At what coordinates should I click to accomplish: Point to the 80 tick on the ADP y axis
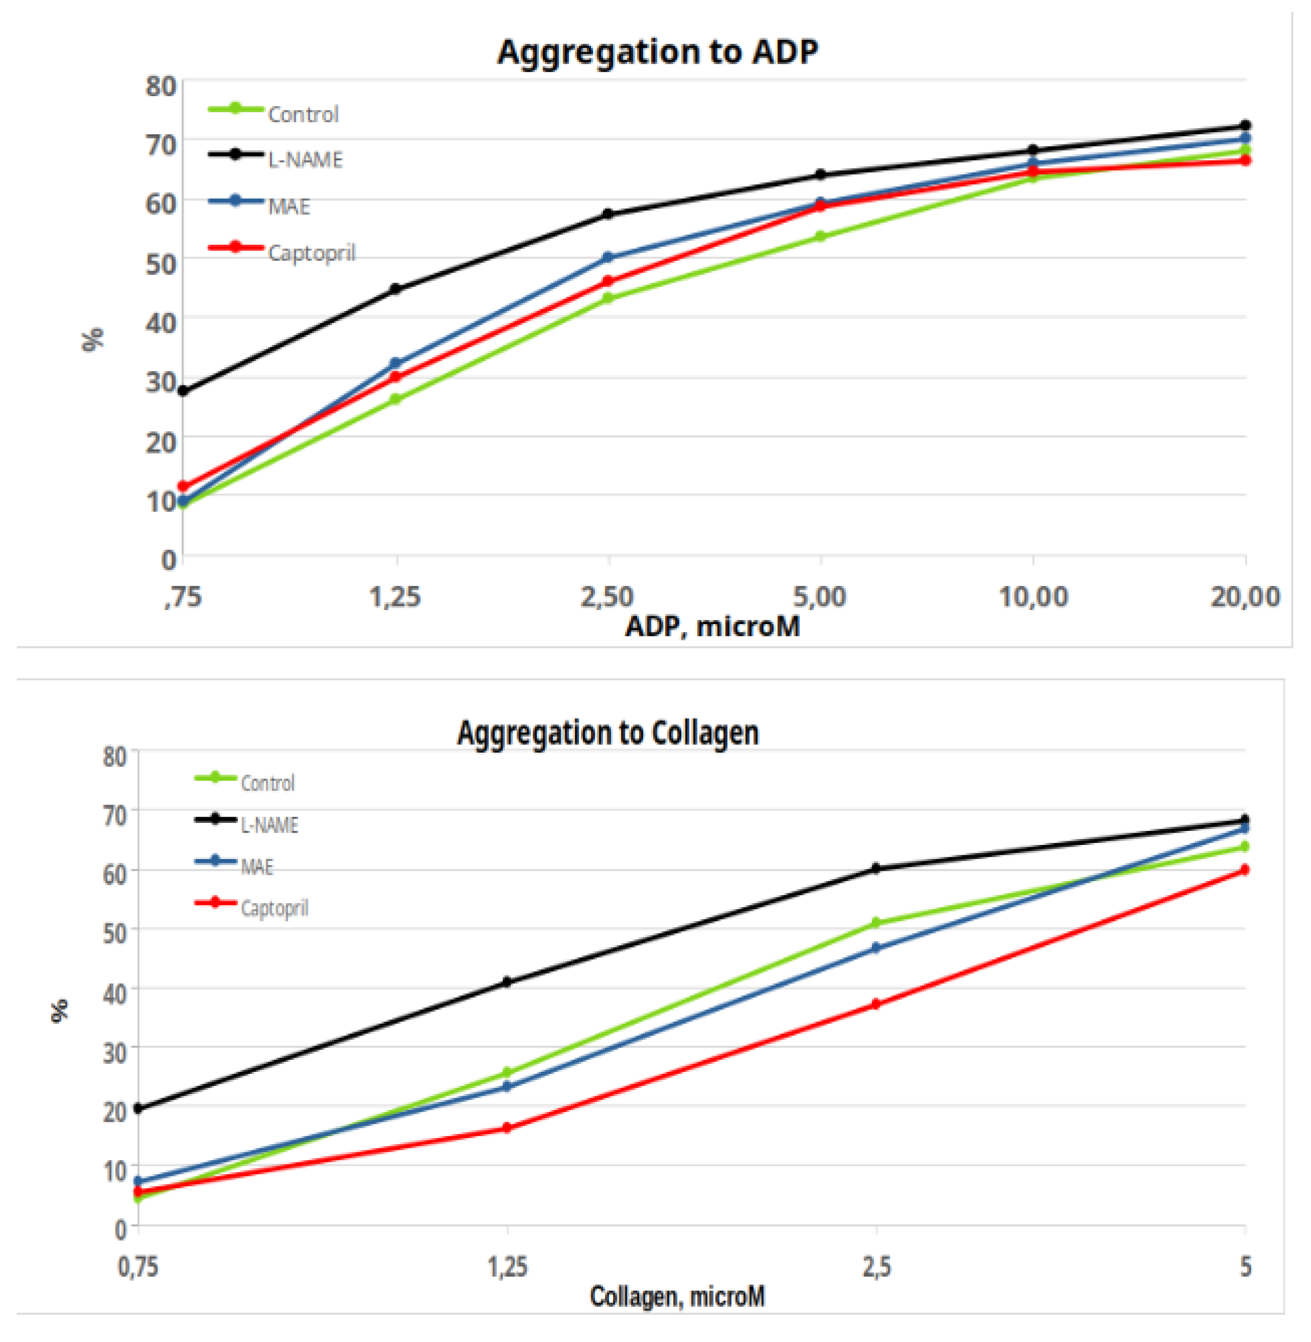click(x=160, y=87)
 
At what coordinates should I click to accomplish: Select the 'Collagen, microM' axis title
click(x=677, y=1296)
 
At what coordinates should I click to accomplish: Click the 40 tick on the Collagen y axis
click(x=114, y=993)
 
